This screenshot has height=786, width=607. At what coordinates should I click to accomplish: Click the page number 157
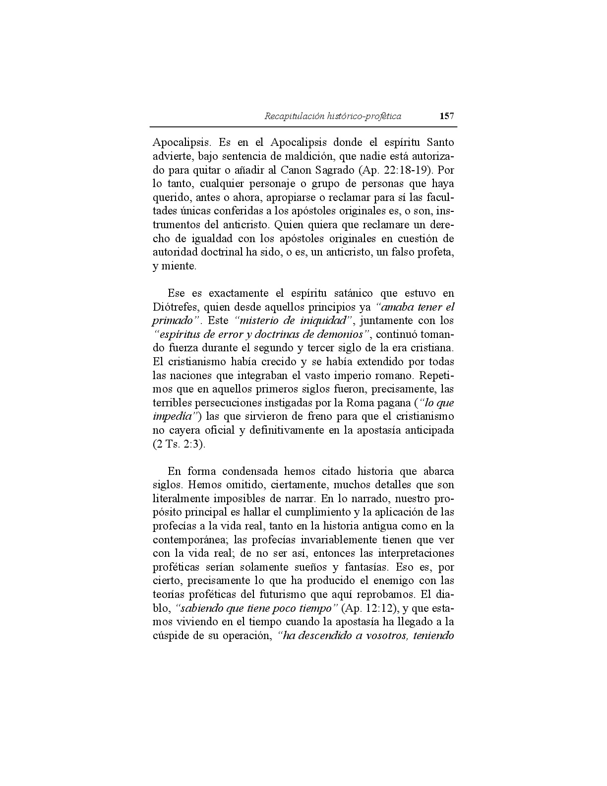pyautogui.click(x=446, y=116)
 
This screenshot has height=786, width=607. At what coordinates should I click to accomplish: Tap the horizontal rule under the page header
pyautogui.click(x=303, y=127)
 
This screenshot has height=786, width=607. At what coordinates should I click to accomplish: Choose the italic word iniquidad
pyautogui.click(x=323, y=321)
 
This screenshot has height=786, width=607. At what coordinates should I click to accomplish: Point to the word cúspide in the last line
pyautogui.click(x=172, y=636)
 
